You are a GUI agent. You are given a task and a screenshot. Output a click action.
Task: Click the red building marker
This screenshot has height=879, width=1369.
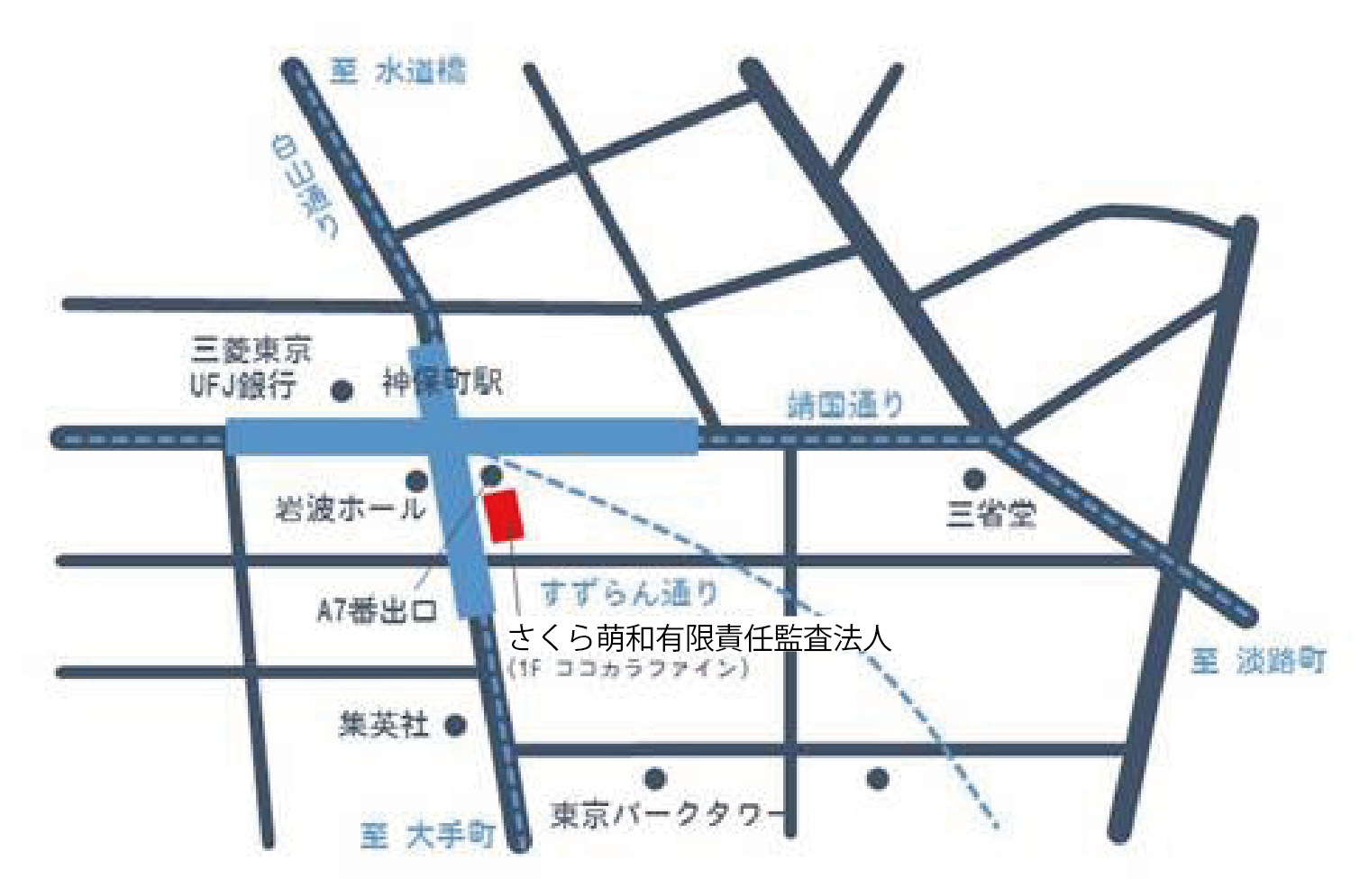coord(504,516)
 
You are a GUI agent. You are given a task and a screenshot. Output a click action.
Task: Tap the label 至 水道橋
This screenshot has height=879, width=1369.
coord(397,70)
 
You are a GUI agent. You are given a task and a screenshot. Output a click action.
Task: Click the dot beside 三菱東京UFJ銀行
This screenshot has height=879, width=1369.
coord(342,391)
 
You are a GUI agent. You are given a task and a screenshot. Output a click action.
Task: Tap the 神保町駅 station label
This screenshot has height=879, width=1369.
coord(442,382)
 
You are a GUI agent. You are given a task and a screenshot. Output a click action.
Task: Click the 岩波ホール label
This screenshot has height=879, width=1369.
coord(350,509)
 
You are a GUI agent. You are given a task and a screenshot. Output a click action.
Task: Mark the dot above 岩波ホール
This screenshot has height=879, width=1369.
coord(416,481)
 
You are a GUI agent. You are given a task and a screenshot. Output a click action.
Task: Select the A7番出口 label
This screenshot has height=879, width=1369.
coord(377,611)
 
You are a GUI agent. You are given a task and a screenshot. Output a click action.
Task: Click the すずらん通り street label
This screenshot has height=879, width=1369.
coord(628,593)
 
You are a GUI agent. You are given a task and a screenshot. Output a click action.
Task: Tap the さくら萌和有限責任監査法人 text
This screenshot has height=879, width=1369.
coord(699,637)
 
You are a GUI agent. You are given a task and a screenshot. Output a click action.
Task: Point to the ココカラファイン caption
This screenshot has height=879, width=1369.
coord(628,668)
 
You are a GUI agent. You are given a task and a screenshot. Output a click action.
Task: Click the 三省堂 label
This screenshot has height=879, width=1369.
coord(990,514)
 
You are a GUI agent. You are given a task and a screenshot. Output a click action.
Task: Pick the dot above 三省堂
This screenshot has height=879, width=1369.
coord(973,478)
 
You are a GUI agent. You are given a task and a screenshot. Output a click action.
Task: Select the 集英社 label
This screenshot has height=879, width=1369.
coord(383,724)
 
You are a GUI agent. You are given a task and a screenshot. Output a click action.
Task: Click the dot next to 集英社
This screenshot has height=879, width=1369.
coord(456,725)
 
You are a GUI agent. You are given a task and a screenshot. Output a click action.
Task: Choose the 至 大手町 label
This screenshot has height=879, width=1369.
coord(428,836)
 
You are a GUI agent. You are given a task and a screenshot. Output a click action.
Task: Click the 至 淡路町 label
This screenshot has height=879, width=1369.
coord(1258,661)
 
